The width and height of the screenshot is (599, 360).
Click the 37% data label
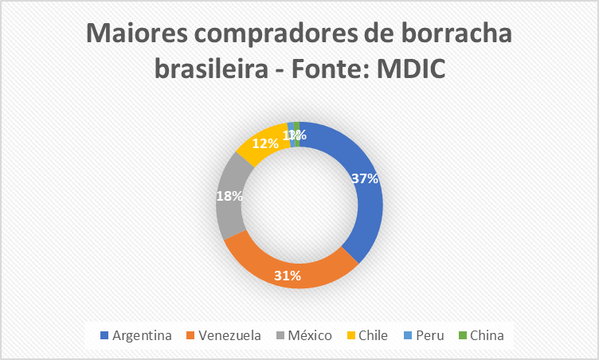click(364, 178)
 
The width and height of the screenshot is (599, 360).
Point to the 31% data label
click(288, 276)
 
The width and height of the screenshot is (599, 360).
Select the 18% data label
click(229, 194)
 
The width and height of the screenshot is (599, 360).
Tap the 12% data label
click(265, 143)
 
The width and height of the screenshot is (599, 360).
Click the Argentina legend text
click(142, 335)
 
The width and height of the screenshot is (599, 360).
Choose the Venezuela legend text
click(230, 335)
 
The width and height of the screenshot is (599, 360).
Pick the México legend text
click(309, 335)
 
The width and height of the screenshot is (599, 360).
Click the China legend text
click(487, 335)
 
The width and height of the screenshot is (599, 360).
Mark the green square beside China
click(463, 335)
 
